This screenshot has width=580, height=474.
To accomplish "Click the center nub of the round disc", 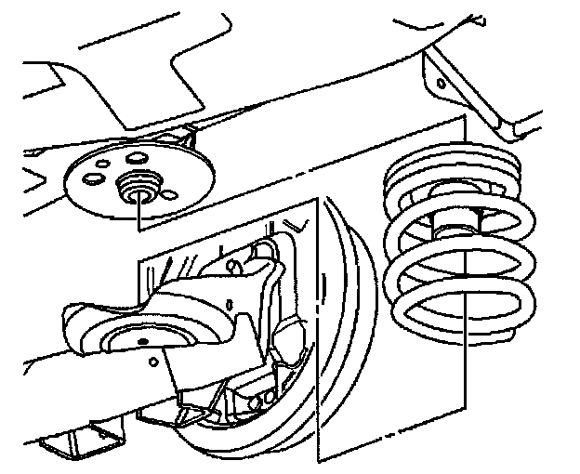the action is tap(140, 187).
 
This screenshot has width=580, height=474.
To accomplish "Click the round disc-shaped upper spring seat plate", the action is tap(102, 190).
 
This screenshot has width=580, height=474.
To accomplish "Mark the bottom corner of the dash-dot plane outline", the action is tap(319, 460).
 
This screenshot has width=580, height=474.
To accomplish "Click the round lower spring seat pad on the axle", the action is tap(139, 339).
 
